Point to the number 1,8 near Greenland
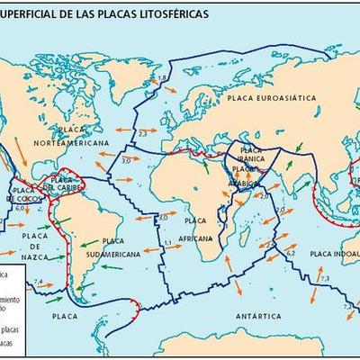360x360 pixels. [163, 80]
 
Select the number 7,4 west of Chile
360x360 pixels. [38, 283]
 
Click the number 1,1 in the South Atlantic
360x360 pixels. [166, 243]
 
